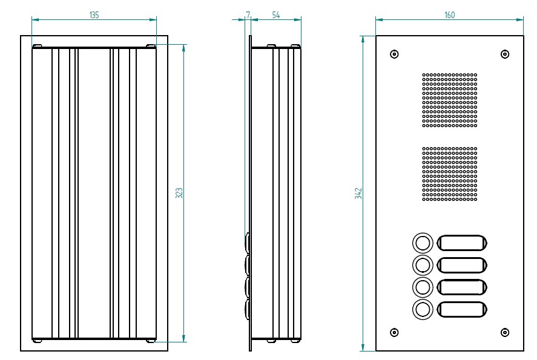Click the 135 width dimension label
pos(94,15)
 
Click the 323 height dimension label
pos(179,193)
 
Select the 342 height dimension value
pos(358,193)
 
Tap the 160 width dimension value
pos(449,15)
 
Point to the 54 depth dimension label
pos(275,15)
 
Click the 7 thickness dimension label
pos(248,14)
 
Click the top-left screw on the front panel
pos(394,54)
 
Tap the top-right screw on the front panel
pos(505,54)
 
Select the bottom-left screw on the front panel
pos(394,332)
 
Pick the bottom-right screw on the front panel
pos(505,332)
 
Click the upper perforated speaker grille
pos(449,100)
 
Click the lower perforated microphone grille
pos(449,173)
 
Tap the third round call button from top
pos(423,286)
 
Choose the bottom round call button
pos(423,309)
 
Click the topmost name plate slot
pos(461,243)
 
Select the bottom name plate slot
pos(461,309)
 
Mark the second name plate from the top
pos(461,265)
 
